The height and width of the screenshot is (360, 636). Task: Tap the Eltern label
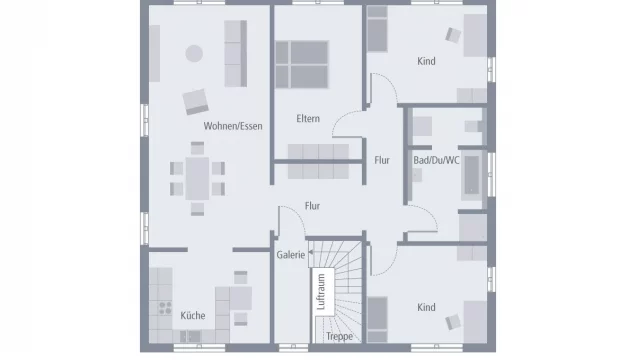click(x=307, y=120)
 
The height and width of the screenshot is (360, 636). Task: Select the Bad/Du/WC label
click(x=436, y=159)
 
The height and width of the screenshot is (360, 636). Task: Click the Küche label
click(x=193, y=316)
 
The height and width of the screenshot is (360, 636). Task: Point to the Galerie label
click(x=290, y=256)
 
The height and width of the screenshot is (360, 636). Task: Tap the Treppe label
click(x=340, y=337)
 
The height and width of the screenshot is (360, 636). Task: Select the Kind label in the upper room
click(x=427, y=62)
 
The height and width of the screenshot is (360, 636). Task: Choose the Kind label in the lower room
click(x=427, y=307)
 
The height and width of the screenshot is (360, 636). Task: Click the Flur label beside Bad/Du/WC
click(x=382, y=159)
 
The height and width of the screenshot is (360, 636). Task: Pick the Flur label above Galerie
click(x=313, y=207)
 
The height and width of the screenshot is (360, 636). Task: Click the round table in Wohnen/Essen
click(x=194, y=53)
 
